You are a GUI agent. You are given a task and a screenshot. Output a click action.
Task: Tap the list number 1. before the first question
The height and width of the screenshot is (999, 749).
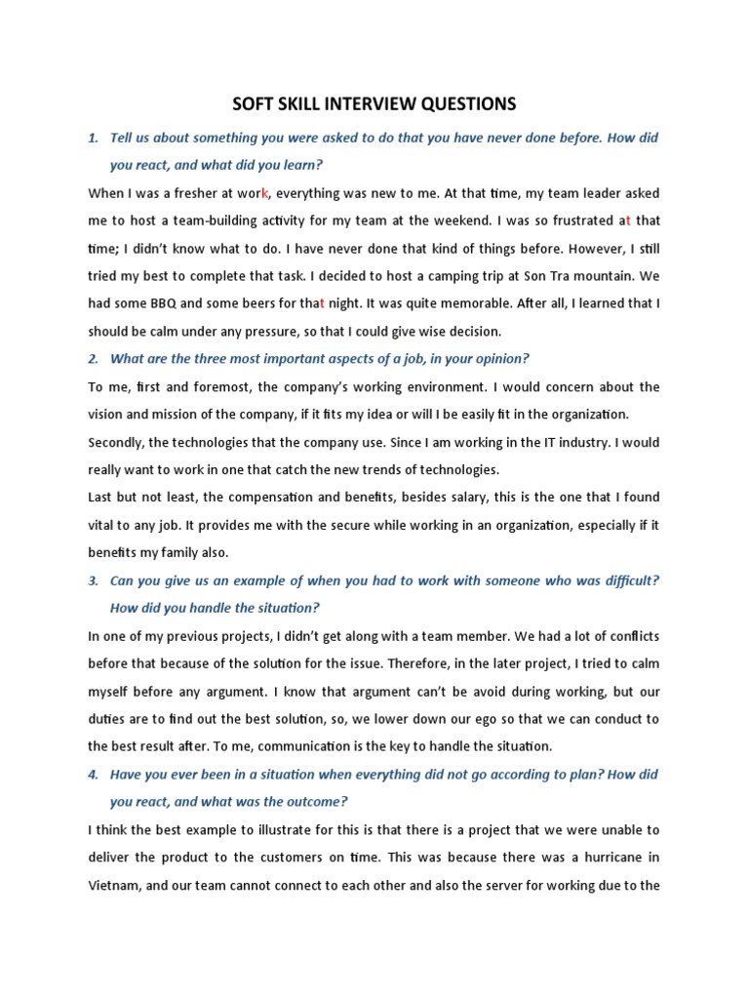click(x=94, y=138)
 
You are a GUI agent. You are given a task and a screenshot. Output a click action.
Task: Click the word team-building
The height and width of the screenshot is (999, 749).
click(x=220, y=220)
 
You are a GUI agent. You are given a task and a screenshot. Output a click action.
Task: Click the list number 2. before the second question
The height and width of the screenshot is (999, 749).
click(x=94, y=359)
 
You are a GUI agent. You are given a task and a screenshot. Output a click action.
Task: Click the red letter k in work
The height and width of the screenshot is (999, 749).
click(x=265, y=193)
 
